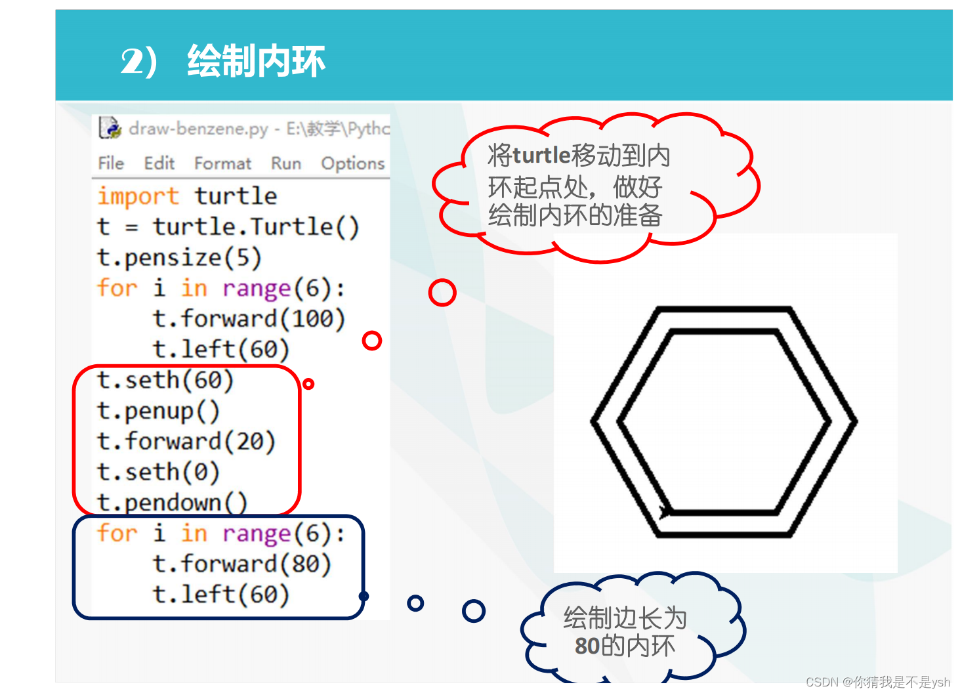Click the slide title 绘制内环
[256, 62]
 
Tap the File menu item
[111, 163]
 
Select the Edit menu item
[159, 163]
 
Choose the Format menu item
[222, 163]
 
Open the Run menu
[286, 163]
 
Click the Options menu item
[352, 163]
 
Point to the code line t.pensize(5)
[179, 257]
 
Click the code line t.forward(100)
[249, 319]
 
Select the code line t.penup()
[158, 411]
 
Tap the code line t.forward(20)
[186, 441]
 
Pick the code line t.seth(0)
[158, 472]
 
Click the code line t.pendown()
[172, 503]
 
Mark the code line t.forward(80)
[241, 564]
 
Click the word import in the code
[138, 196]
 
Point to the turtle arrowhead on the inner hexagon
[665, 511]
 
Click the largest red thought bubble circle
[442, 293]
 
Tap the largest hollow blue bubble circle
[473, 611]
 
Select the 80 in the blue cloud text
[587, 646]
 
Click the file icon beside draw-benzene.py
[110, 127]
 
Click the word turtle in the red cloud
[541, 156]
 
